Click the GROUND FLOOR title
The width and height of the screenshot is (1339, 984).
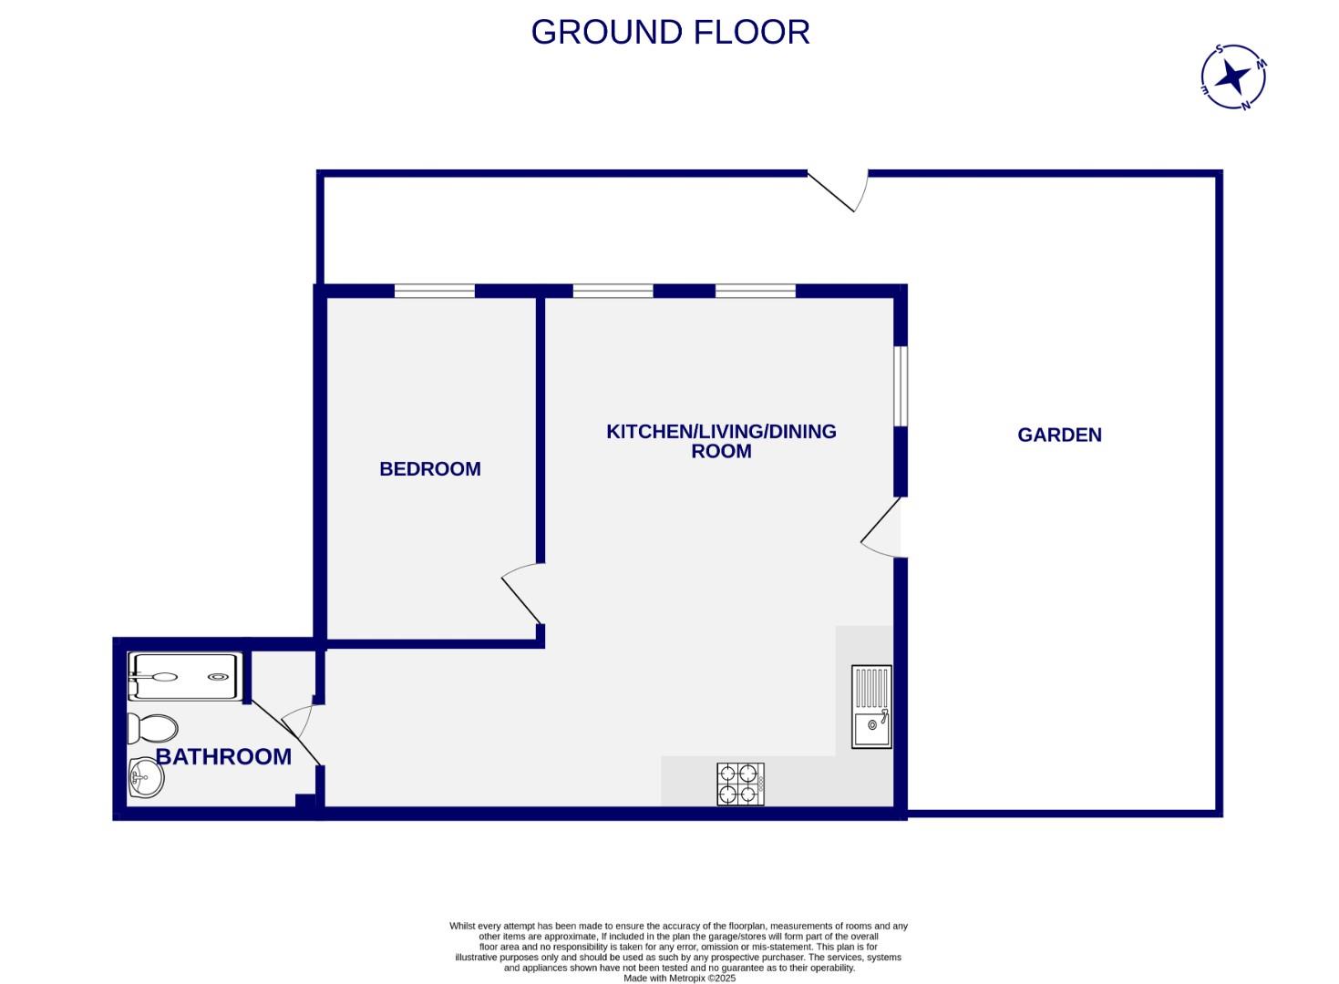(670, 33)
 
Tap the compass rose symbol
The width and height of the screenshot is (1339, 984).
(1233, 77)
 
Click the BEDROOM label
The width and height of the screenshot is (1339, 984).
(429, 469)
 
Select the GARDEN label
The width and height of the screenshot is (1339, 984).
(1059, 436)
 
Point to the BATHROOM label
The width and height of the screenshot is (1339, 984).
(223, 756)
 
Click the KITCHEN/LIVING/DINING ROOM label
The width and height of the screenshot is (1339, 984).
(721, 441)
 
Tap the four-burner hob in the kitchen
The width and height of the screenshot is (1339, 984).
(740, 784)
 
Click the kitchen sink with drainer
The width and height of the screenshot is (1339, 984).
(871, 707)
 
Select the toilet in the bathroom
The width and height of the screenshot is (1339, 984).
(152, 729)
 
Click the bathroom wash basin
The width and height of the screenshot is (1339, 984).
(145, 777)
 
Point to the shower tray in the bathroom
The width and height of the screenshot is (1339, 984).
(186, 677)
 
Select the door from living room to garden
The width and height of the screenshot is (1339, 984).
(881, 528)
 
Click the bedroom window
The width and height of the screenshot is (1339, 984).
(435, 292)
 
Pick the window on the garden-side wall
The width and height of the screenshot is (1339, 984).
(901, 385)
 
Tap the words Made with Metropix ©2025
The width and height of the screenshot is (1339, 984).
(679, 979)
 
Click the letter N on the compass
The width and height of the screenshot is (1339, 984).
(1246, 105)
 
